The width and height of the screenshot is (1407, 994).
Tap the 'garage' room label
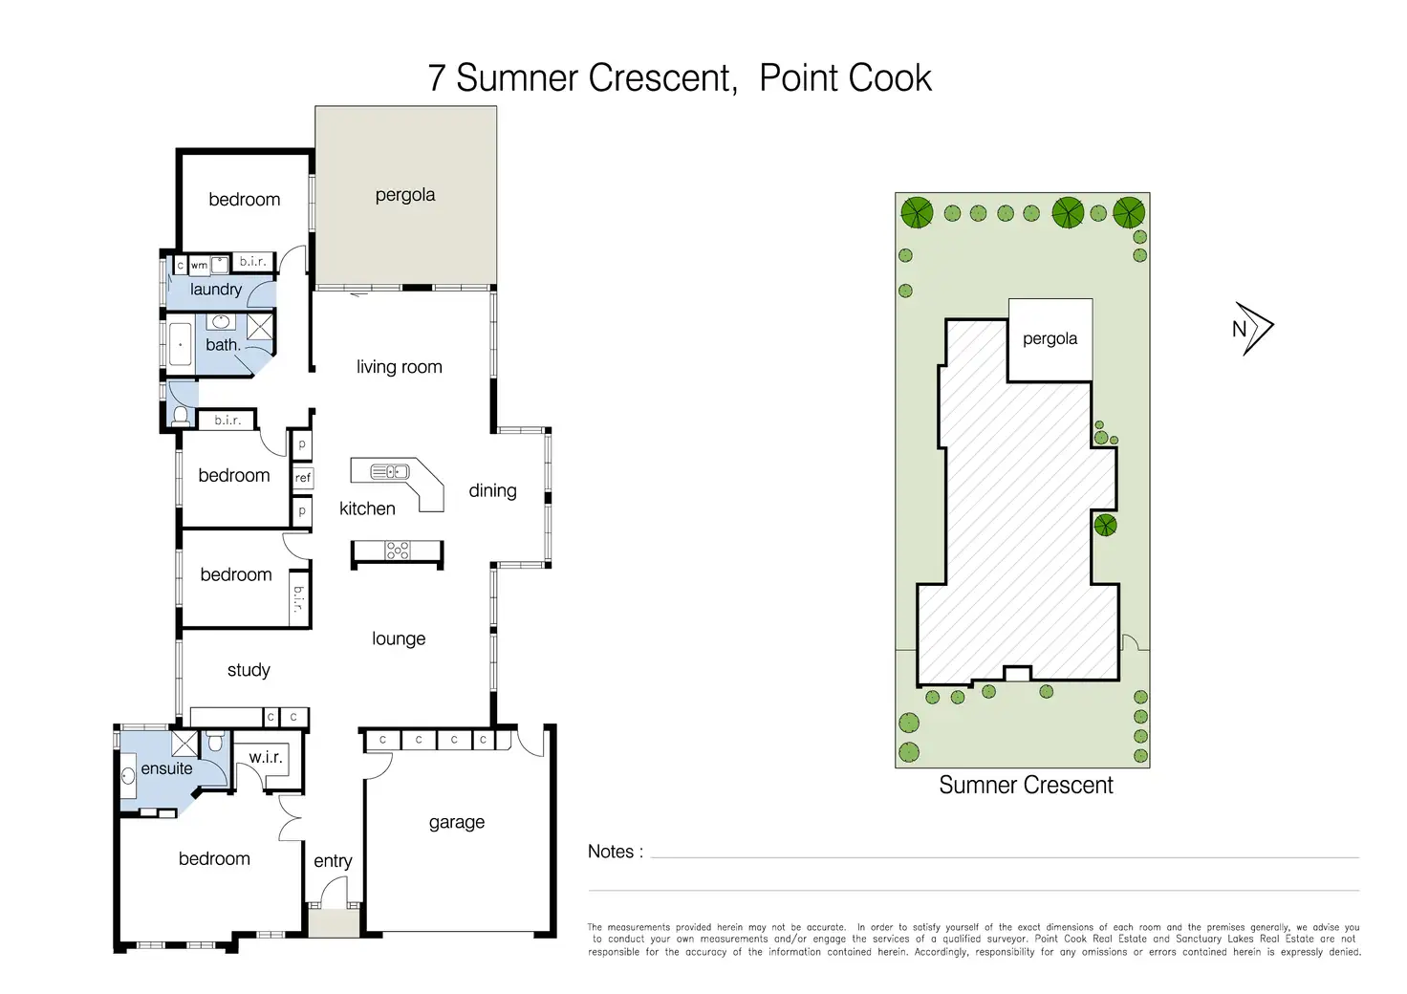[457, 823]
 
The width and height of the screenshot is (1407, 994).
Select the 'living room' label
[400, 367]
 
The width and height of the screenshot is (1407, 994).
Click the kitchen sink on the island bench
[389, 471]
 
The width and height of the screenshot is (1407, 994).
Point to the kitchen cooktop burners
[397, 551]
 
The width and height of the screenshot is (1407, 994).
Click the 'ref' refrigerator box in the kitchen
[302, 477]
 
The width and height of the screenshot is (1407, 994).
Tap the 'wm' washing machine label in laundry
[199, 265]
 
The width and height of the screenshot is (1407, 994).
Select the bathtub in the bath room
[181, 344]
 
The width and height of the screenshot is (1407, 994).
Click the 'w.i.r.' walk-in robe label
[266, 757]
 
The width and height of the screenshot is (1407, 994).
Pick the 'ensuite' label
[166, 768]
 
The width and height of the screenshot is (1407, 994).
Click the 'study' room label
[249, 670]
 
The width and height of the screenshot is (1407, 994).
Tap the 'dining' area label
[492, 491]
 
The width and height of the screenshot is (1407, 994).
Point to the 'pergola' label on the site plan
[1050, 339]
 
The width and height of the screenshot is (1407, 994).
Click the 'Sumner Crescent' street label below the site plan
[1026, 785]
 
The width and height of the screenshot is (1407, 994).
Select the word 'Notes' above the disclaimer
[611, 852]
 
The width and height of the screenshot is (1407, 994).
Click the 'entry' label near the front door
[333, 861]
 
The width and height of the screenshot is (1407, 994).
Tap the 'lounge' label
[399, 638]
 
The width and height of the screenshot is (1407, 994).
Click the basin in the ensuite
[128, 777]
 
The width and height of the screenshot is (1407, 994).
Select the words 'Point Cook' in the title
[846, 78]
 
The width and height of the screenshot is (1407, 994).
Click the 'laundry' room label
[216, 290]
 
